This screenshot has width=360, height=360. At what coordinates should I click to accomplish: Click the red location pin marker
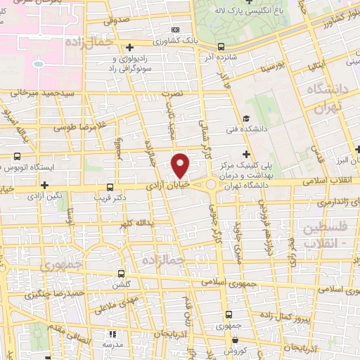181,165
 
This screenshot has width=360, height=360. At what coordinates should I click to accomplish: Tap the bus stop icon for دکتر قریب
108,187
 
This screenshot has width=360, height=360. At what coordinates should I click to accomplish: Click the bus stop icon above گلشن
122,274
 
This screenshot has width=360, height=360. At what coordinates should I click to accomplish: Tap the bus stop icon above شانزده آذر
221,47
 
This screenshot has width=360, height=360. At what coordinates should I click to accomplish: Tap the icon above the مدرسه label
110,335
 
